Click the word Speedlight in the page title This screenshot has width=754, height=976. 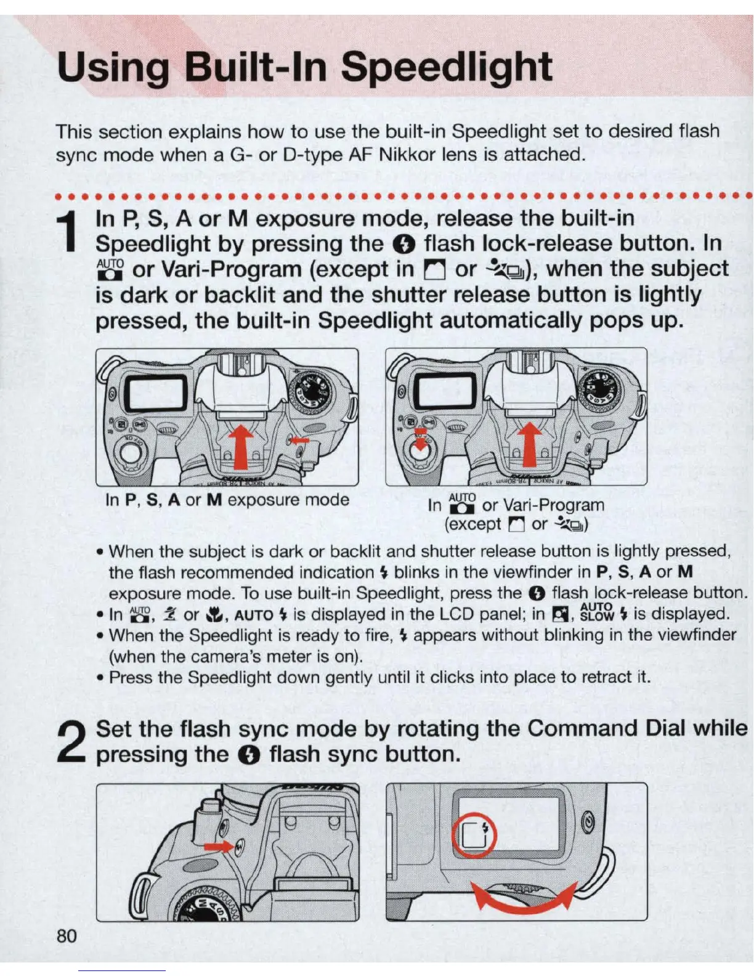(x=446, y=68)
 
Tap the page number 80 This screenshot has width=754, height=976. (x=67, y=936)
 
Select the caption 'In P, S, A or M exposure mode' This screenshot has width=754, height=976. (x=227, y=500)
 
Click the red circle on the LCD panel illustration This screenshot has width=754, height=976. (x=475, y=836)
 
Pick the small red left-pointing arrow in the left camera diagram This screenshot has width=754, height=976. (x=299, y=440)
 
